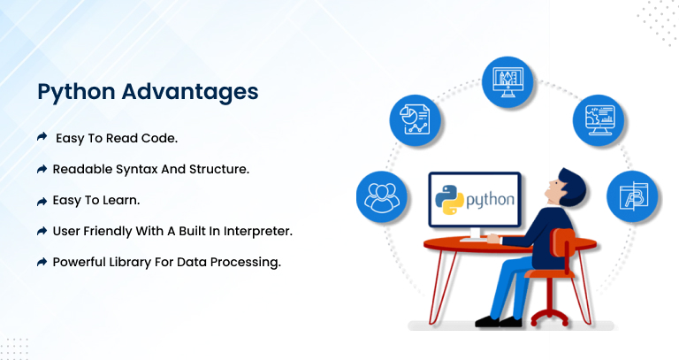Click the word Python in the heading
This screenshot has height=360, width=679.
pos(76,93)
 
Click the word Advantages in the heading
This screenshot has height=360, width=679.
pos(190,91)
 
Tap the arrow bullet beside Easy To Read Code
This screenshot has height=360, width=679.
pos(42,137)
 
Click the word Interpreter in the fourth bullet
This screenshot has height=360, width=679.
pos(257,232)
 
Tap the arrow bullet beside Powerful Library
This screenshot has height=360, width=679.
pos(42,262)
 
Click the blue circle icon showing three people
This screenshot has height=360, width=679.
pos(382,197)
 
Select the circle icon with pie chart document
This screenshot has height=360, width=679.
pos(415,120)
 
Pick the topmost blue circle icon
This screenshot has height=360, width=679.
pos(508,82)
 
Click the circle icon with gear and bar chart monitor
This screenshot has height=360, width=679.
pos(599,120)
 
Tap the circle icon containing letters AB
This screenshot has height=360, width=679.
pos(632,196)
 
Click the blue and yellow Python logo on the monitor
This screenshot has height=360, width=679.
pos(449,200)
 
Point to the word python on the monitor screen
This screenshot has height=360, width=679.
pos(490,200)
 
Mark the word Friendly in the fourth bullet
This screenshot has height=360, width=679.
pos(108,232)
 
